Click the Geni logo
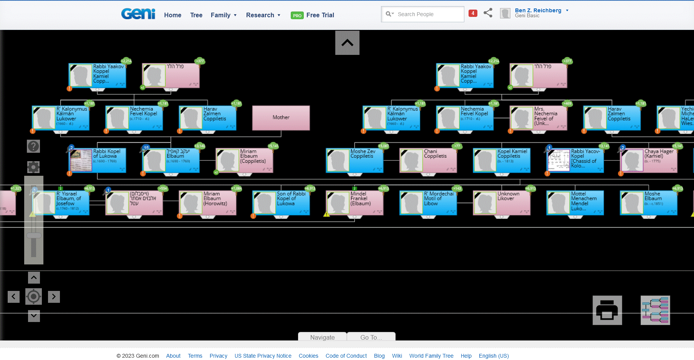pos(138,14)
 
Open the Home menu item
pos(172,15)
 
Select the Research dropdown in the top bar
pos(263,15)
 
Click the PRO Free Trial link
pos(313,15)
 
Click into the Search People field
pos(426,14)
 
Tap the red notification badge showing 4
pos(473,13)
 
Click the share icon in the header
pos(488,13)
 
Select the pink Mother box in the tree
pos(281,118)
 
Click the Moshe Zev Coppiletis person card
pos(354,160)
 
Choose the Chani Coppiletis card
pos(428,160)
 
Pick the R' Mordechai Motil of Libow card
pos(428,203)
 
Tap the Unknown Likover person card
pos(502,203)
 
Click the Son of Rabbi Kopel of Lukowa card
pos(281,203)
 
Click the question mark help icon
pos(33,146)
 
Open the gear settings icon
pos(33,167)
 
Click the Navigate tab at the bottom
pos(322,337)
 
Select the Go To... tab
pos(371,337)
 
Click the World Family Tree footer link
pos(431,356)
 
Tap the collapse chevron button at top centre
pos(347,43)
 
